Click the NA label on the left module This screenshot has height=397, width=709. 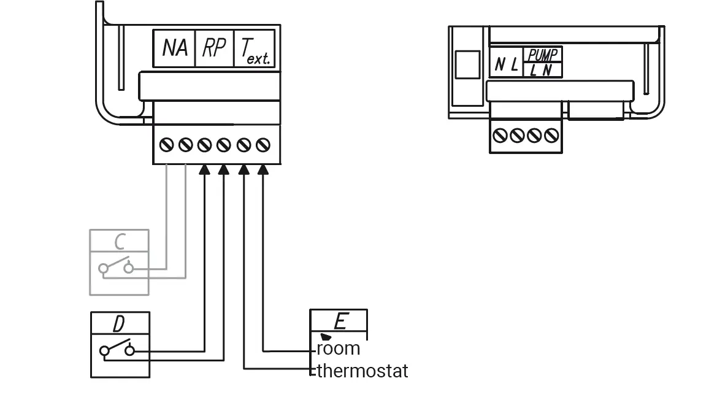pyautogui.click(x=175, y=48)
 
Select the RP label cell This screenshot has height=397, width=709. pyautogui.click(x=214, y=48)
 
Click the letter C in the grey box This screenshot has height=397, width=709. pyautogui.click(x=120, y=241)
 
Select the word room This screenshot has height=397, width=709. pyautogui.click(x=338, y=349)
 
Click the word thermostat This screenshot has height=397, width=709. pyautogui.click(x=362, y=371)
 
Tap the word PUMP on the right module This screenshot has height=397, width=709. pyautogui.click(x=542, y=56)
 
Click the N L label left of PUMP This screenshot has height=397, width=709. pyautogui.click(x=506, y=64)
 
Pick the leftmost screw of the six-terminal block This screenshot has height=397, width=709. pyautogui.click(x=166, y=145)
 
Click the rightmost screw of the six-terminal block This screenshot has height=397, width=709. pyautogui.click(x=264, y=145)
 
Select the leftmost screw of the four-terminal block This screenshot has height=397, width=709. pyautogui.click(x=500, y=135)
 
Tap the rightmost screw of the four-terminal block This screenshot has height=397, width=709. pyautogui.click(x=552, y=135)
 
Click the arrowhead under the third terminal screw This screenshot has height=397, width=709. pyautogui.click(x=205, y=170)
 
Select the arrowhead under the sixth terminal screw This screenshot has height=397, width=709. pyautogui.click(x=264, y=170)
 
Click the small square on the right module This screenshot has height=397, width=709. pyautogui.click(x=467, y=64)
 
